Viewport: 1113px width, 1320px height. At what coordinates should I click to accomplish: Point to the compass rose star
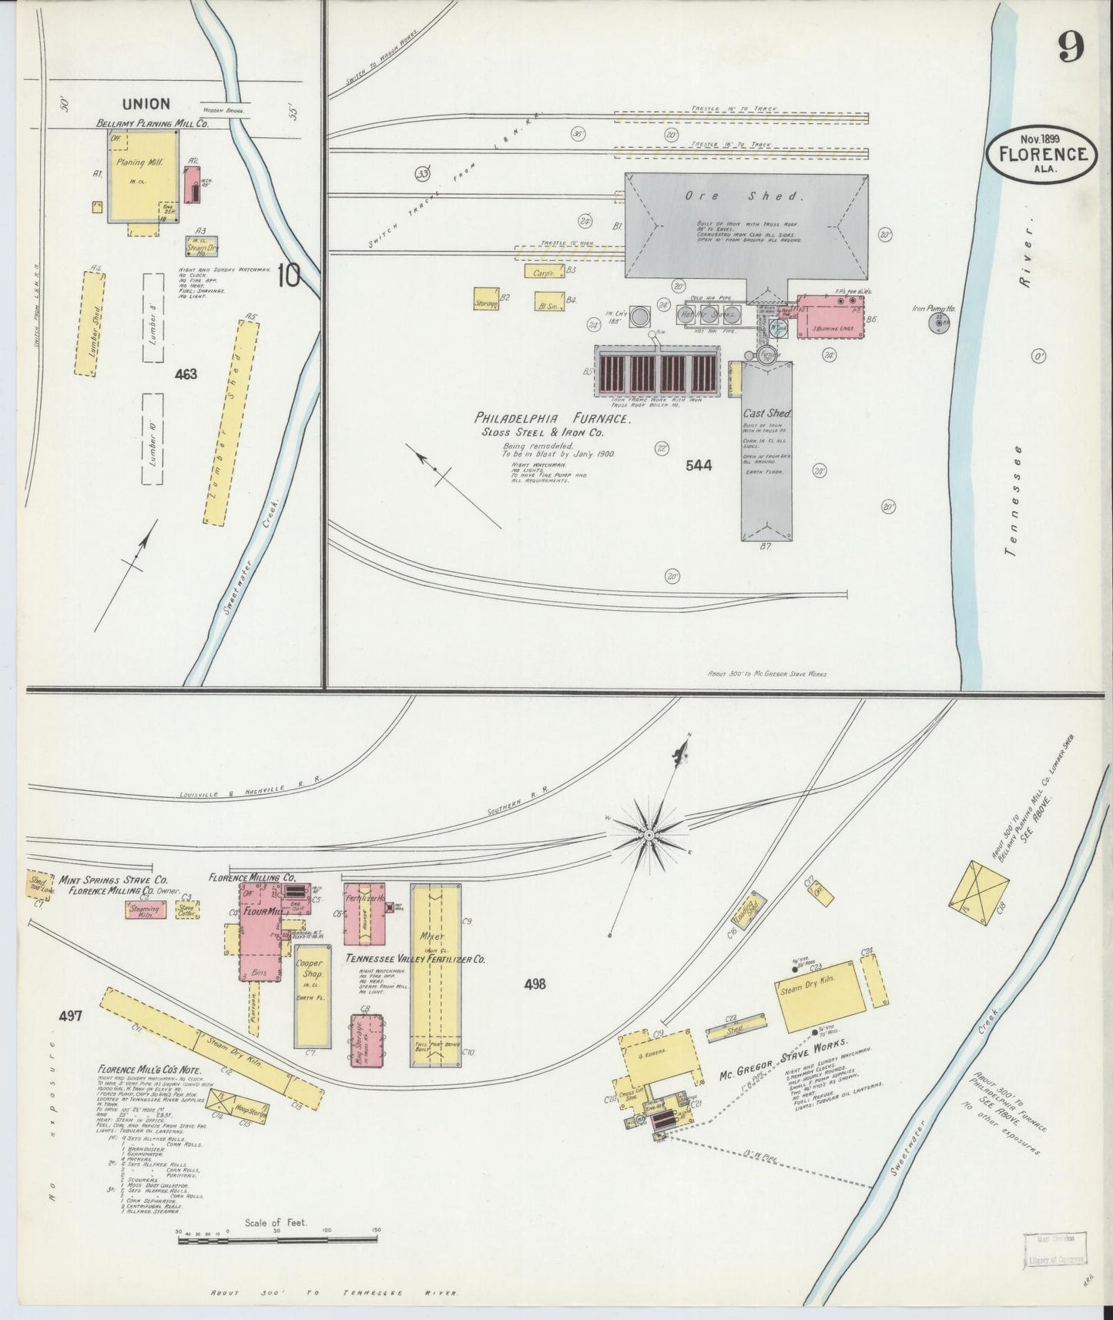click(649, 833)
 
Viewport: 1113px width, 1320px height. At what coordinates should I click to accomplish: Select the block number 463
click(186, 374)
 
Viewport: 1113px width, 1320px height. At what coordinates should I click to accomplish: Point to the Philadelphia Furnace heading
click(553, 419)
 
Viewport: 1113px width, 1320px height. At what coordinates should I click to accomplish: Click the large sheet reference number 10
click(290, 276)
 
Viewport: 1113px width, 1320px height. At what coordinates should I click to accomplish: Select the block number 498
click(535, 983)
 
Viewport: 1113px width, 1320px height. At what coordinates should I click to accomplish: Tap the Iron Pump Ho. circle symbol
click(940, 322)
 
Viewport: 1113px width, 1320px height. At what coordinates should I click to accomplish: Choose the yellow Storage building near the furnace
click(487, 300)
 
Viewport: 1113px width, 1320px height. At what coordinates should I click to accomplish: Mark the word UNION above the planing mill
click(145, 103)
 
